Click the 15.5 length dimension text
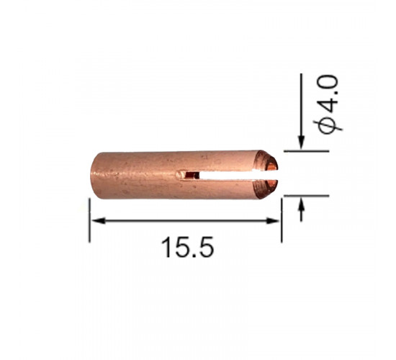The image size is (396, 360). click(x=187, y=248)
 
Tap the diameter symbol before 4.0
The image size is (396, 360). click(x=328, y=125)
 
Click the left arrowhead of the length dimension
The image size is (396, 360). click(x=98, y=221)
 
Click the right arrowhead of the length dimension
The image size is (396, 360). click(x=273, y=221)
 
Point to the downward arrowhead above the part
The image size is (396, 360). click(x=301, y=143)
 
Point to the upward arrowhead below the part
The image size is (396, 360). click(x=301, y=203)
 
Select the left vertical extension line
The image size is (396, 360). click(x=89, y=220)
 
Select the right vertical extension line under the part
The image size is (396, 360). click(x=282, y=220)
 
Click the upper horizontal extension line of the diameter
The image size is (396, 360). click(x=306, y=151)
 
